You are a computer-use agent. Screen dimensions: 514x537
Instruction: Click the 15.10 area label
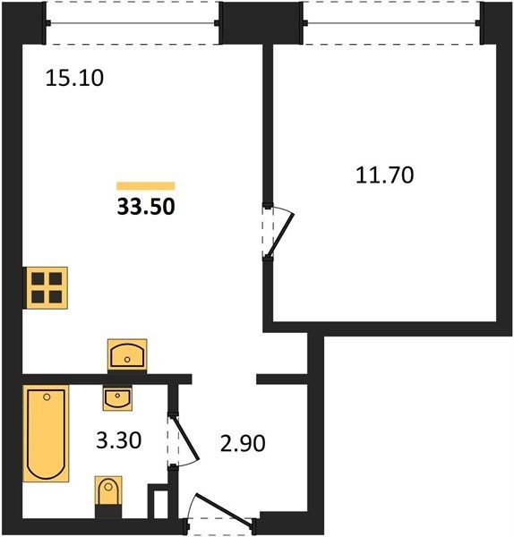[x=74, y=78]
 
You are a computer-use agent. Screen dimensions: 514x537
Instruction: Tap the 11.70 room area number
[x=385, y=175]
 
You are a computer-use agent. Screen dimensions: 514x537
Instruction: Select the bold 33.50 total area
[x=146, y=207]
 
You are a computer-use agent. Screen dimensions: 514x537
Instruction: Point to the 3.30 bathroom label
[x=118, y=440]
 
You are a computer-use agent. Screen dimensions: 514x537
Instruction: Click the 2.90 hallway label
[x=243, y=444]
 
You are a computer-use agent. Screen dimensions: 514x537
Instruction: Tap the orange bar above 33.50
[x=146, y=185]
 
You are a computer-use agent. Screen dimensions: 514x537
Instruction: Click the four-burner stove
[x=46, y=288]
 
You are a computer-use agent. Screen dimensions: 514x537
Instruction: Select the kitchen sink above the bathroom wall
[x=127, y=354]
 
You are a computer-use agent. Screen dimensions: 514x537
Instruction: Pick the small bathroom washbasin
[x=117, y=399]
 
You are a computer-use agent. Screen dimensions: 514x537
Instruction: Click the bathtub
[x=46, y=433]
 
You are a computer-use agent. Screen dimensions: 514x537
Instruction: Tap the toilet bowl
[x=108, y=490]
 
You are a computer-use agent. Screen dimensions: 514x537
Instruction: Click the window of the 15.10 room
[x=133, y=23]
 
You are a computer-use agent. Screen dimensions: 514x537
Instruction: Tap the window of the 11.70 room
[x=391, y=23]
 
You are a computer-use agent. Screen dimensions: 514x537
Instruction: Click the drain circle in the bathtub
[x=47, y=396]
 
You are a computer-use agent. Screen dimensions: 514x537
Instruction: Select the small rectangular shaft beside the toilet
[x=158, y=501]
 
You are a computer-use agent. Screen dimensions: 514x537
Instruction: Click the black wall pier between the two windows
[x=261, y=23]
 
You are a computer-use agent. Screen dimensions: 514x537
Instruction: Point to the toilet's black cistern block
[x=108, y=512]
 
